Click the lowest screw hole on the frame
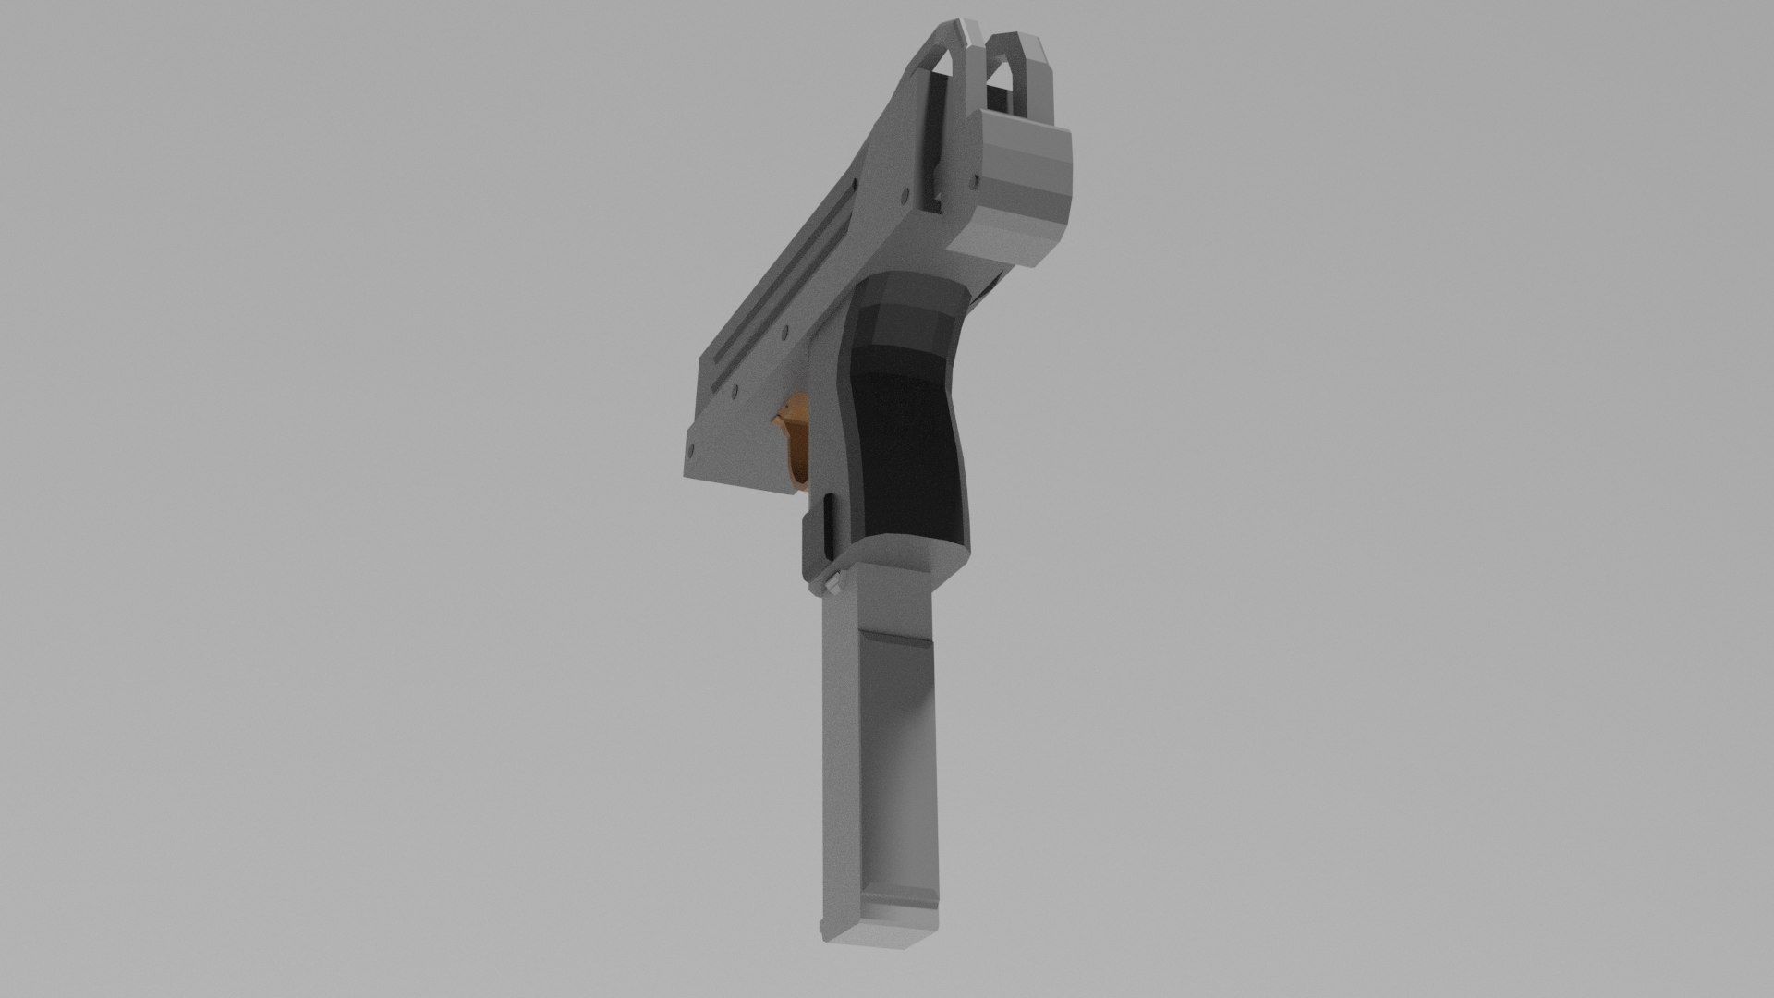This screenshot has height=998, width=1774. pyautogui.click(x=687, y=450)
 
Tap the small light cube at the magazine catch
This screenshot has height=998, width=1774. pyautogui.click(x=835, y=581)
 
